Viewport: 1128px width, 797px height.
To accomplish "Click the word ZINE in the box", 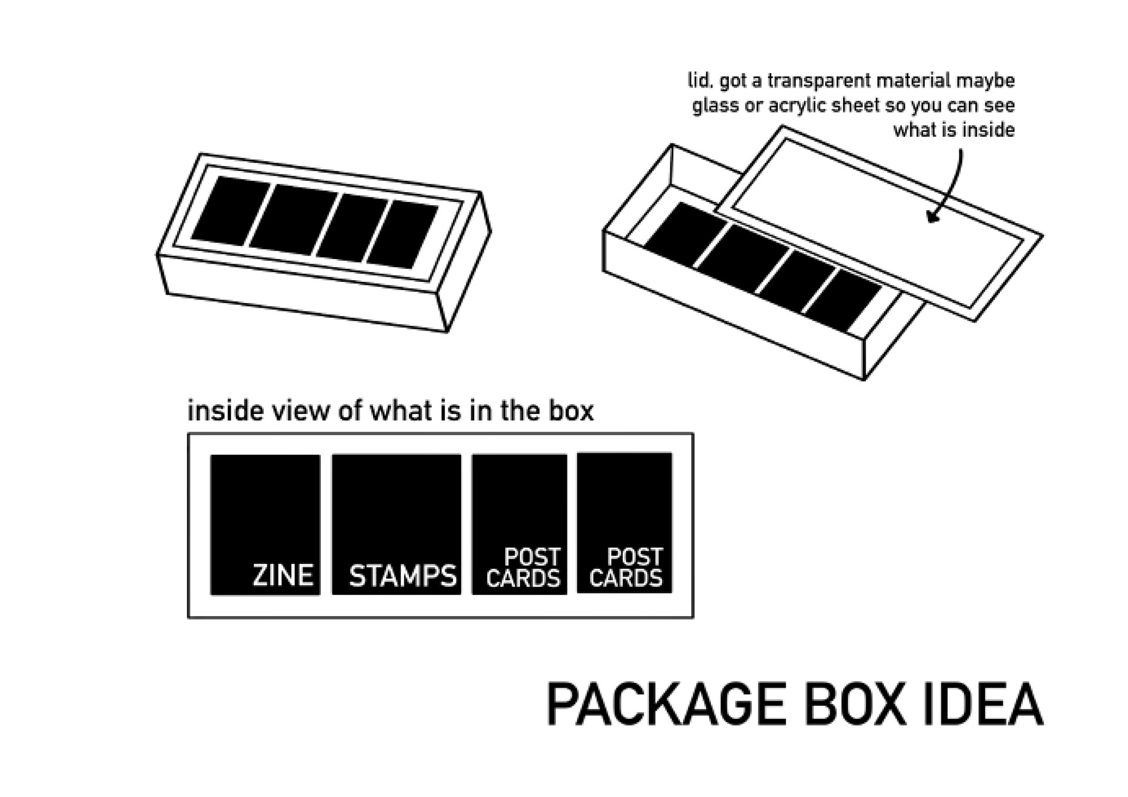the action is [x=283, y=574].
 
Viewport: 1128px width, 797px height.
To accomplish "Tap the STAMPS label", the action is [x=402, y=576].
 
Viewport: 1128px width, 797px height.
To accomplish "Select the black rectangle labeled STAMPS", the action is [x=397, y=505].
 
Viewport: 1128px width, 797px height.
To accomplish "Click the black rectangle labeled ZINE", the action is [x=265, y=505].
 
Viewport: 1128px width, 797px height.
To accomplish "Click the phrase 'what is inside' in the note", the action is [x=954, y=130].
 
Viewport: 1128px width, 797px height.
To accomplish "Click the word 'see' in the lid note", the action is [x=999, y=106].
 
